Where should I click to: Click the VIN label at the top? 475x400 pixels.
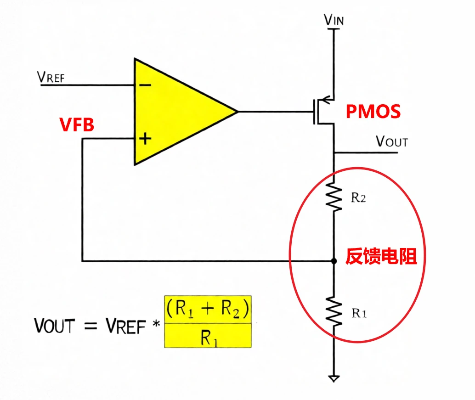(334, 20)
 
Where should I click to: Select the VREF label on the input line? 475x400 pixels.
(51, 78)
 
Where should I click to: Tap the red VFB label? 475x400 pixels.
(77, 124)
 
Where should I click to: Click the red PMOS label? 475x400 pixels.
(373, 112)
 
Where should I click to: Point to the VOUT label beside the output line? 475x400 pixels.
(391, 141)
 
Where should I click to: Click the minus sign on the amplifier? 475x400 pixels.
(144, 85)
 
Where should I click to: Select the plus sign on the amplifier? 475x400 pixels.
(145, 138)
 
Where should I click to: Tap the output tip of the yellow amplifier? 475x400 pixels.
(236, 112)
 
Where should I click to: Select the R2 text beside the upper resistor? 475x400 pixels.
(359, 199)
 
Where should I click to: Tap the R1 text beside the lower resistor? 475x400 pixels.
(359, 314)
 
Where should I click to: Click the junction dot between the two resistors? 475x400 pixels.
(334, 261)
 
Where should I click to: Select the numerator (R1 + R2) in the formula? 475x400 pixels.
(208, 310)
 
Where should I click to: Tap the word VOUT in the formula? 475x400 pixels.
(55, 326)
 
